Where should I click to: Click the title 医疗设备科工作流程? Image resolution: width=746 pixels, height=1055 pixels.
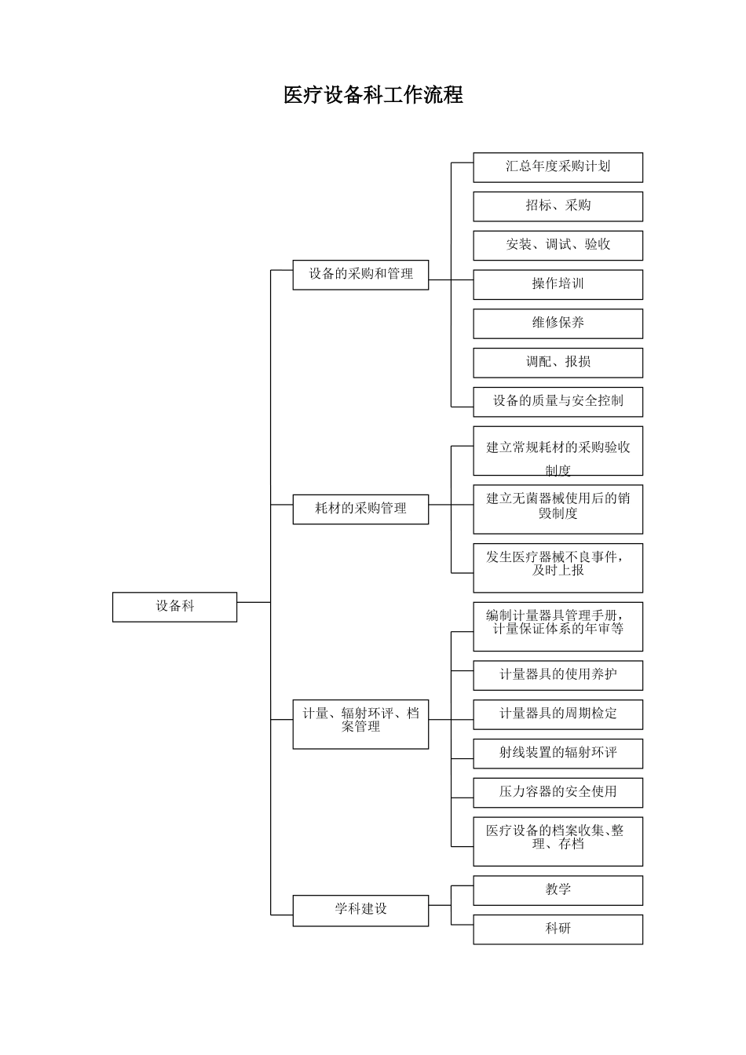(x=373, y=95)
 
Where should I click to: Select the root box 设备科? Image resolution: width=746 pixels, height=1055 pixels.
(x=174, y=607)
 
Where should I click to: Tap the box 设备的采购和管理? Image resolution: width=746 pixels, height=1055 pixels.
(x=360, y=275)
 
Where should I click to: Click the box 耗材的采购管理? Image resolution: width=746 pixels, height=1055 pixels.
(x=360, y=509)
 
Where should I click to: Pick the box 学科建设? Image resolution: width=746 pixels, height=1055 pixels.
(x=360, y=910)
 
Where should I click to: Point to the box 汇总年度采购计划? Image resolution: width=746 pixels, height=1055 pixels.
(x=558, y=167)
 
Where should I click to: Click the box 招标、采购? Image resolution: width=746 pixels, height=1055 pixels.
(x=558, y=206)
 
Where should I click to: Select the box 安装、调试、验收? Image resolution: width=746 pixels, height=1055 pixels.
(x=558, y=245)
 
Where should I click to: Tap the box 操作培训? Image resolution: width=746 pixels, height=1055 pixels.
(x=558, y=284)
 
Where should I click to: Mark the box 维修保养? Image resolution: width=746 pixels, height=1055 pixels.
(x=558, y=323)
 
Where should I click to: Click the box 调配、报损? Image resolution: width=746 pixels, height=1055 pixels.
(x=558, y=363)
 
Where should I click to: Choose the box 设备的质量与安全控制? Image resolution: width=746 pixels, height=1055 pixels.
(x=558, y=401)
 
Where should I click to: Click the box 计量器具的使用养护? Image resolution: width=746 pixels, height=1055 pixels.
(x=558, y=675)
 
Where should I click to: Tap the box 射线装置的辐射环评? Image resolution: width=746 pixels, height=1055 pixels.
(x=558, y=753)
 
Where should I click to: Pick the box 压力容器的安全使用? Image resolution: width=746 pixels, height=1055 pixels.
(x=558, y=792)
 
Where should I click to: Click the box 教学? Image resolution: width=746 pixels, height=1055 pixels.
(x=558, y=890)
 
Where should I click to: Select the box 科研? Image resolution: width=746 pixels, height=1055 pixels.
(x=558, y=929)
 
